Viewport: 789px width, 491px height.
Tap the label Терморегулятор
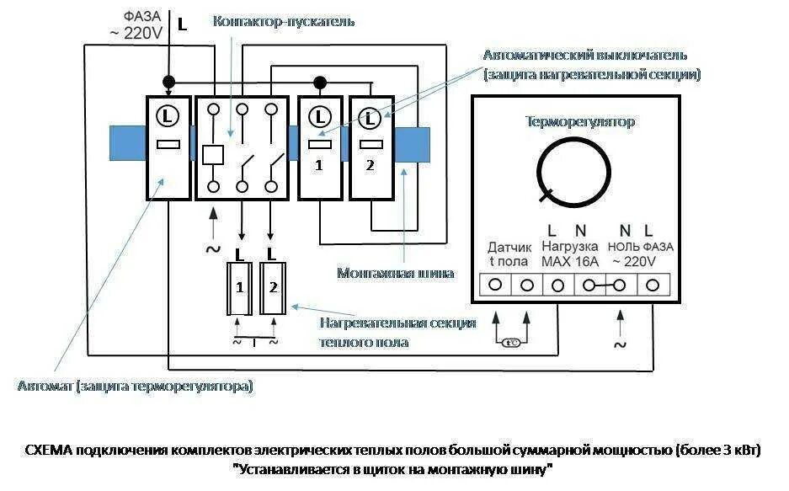580,121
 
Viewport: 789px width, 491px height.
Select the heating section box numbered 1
241,287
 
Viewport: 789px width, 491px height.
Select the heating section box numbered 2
273,287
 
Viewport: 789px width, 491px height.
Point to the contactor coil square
213,154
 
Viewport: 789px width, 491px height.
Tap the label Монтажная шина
396,273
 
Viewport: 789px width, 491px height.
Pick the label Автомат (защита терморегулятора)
136,387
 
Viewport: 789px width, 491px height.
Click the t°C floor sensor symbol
511,343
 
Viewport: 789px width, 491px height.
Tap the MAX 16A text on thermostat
569,261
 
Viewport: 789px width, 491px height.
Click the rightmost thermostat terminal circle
651,285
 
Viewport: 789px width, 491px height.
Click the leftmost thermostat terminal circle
495,285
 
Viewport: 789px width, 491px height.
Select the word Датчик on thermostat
509,247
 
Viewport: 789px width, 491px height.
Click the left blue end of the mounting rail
127,144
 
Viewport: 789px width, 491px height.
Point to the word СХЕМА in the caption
50,450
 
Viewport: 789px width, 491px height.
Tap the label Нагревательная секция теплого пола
397,333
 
